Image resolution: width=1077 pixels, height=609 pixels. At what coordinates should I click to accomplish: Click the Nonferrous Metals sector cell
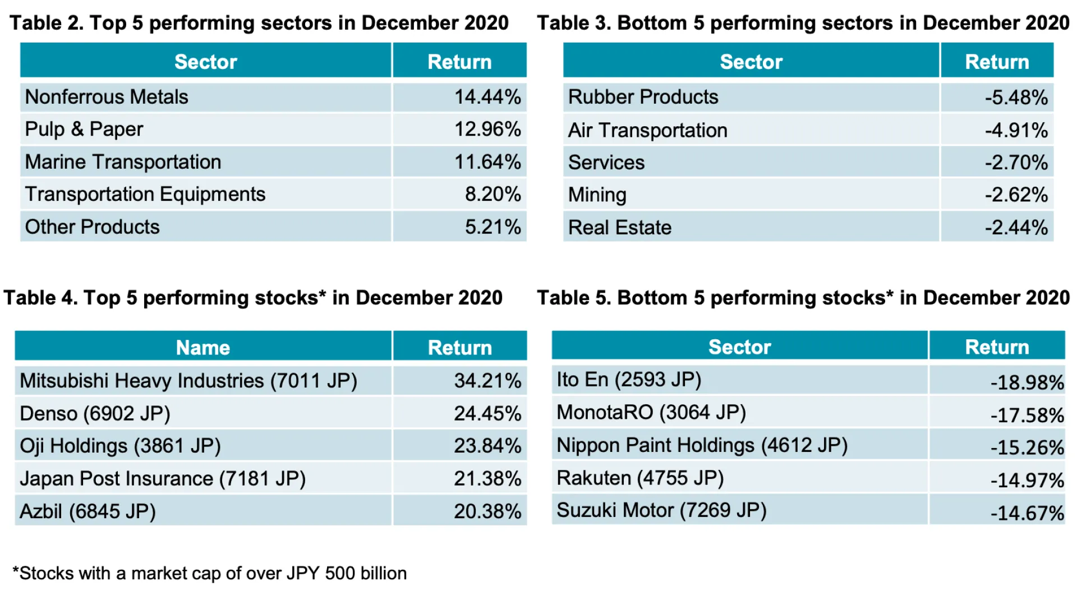pyautogui.click(x=107, y=97)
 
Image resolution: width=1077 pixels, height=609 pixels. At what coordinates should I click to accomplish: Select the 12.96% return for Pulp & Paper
pyautogui.click(x=487, y=130)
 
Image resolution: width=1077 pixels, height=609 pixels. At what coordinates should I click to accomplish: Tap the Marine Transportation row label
pyautogui.click(x=123, y=162)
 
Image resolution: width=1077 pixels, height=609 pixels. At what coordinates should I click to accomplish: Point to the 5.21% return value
pyautogui.click(x=493, y=227)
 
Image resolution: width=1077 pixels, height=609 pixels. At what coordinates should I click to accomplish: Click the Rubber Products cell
pyautogui.click(x=643, y=97)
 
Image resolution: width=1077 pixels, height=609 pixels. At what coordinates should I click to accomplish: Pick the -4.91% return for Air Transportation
pyautogui.click(x=1016, y=131)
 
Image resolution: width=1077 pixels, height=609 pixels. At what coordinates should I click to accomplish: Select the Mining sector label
pyautogui.click(x=597, y=195)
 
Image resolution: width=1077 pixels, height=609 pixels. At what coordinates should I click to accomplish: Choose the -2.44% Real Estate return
pyautogui.click(x=1016, y=228)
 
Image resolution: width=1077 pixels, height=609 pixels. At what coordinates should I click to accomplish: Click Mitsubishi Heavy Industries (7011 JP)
pyautogui.click(x=188, y=381)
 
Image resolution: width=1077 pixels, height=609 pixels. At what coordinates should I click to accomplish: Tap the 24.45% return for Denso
pyautogui.click(x=487, y=414)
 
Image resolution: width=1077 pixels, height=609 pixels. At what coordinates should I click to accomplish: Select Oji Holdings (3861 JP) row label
pyautogui.click(x=120, y=446)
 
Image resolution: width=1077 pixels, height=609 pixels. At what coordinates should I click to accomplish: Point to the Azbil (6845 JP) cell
pyautogui.click(x=88, y=511)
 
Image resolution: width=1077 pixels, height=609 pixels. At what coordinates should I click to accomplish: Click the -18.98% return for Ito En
pyautogui.click(x=1027, y=382)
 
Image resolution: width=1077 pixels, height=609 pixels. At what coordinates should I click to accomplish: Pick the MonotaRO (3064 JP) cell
pyautogui.click(x=651, y=413)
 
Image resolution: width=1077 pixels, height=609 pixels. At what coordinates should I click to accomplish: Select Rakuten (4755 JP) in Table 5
pyautogui.click(x=640, y=478)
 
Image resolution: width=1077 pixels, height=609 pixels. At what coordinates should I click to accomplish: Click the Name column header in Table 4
pyautogui.click(x=202, y=348)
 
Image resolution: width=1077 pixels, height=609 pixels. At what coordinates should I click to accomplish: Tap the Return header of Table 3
pyautogui.click(x=997, y=62)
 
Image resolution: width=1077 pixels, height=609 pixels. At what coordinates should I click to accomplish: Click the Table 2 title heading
pyautogui.click(x=259, y=23)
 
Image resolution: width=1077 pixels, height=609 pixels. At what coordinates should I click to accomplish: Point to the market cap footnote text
pyautogui.click(x=210, y=574)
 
